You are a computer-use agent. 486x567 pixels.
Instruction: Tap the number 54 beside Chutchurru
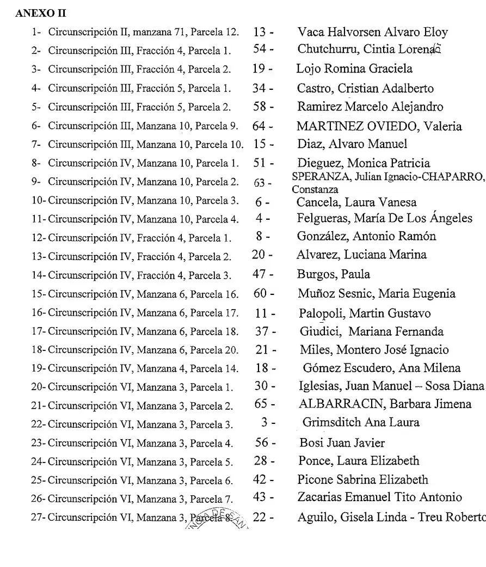261,50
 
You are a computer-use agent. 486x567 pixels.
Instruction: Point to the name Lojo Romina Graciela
354,69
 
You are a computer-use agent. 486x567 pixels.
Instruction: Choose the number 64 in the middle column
260,127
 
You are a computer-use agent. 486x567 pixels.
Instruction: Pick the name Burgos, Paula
325,275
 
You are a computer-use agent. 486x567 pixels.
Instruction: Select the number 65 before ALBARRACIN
261,404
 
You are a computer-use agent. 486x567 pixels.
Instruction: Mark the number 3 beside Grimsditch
263,422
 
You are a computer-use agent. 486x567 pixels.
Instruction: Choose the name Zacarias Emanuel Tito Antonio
380,497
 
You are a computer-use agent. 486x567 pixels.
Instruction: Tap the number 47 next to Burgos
260,275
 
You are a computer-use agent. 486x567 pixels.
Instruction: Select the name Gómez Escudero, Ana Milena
382,368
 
